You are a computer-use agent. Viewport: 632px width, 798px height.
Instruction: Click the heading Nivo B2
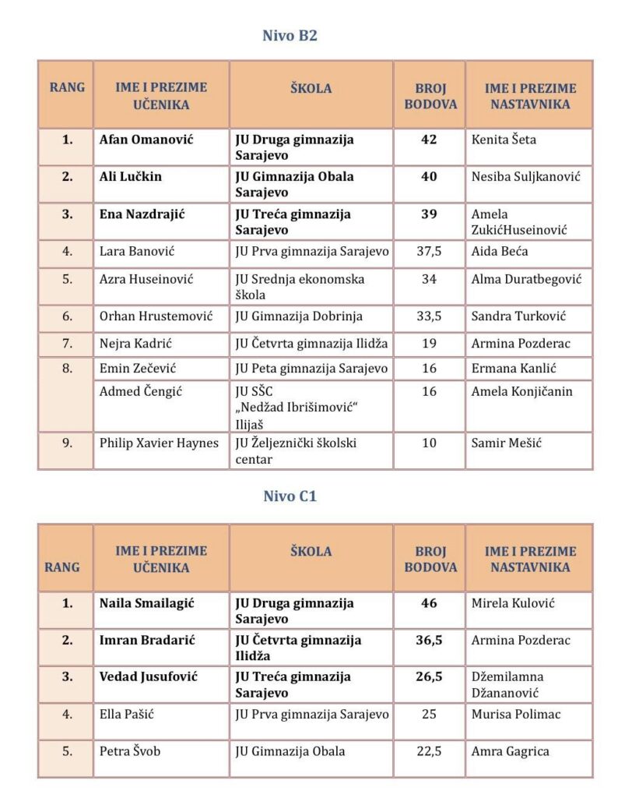coord(290,35)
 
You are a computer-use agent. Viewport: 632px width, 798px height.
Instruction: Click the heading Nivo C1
coord(290,496)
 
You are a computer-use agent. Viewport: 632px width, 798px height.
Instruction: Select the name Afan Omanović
coord(146,139)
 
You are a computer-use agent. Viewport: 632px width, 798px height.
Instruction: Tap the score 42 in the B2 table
coord(429,139)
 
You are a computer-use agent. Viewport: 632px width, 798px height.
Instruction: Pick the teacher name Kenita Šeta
coord(504,139)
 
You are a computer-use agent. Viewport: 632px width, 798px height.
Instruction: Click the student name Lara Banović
coord(136,251)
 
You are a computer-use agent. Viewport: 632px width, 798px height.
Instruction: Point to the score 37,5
coord(429,251)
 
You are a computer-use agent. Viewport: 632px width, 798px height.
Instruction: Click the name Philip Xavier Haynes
coord(159,443)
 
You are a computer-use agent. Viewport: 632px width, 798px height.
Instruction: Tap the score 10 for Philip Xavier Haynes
coord(429,443)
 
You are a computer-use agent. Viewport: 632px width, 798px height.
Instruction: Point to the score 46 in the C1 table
coord(429,602)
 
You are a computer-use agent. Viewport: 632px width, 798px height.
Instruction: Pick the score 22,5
coord(429,751)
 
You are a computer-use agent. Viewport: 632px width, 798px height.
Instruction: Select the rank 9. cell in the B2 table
coord(67,443)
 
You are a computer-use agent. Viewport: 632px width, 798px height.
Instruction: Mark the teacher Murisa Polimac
coord(514,714)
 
